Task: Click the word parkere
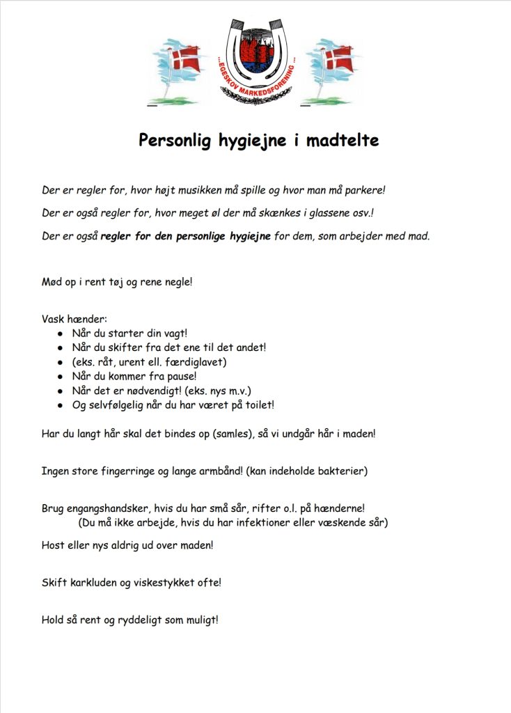click(x=363, y=189)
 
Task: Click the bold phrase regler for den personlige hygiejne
click(x=185, y=236)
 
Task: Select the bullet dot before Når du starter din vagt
click(x=60, y=334)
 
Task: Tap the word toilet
click(x=260, y=405)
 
